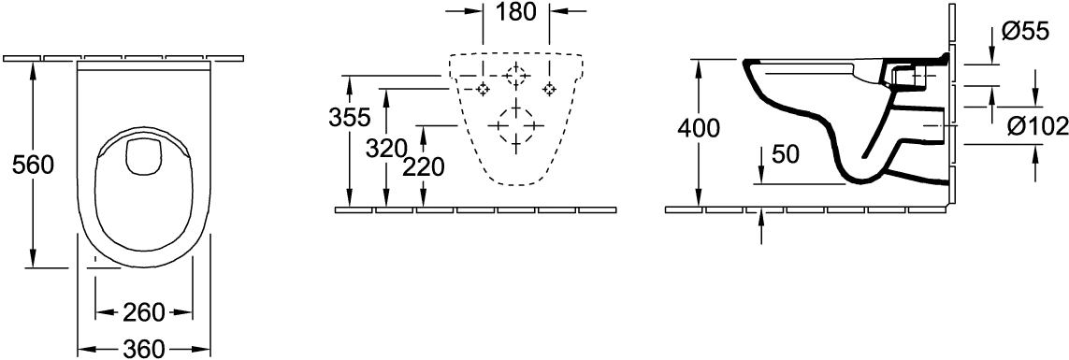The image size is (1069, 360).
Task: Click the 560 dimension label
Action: pos(34,165)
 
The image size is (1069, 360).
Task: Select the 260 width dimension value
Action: pos(144,312)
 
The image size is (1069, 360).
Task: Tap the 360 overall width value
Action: pos(143,349)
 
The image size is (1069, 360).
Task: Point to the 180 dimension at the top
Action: pos(517,11)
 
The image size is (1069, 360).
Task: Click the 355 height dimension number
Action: pos(349,117)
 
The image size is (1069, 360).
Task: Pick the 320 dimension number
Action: pos(386,148)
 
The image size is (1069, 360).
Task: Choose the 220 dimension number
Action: pos(423,166)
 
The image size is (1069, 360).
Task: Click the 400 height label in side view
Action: pos(699,127)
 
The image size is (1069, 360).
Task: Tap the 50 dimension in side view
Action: pos(786,154)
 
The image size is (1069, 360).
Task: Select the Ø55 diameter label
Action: pos(1025,31)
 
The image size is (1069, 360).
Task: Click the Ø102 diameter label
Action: pos(1037,125)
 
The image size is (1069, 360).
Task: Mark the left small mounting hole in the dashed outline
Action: pos(484,89)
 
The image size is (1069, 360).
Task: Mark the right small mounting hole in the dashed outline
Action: pos(550,89)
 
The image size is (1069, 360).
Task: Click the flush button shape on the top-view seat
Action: pos(143,155)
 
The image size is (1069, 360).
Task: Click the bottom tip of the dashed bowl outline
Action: pos(516,185)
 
